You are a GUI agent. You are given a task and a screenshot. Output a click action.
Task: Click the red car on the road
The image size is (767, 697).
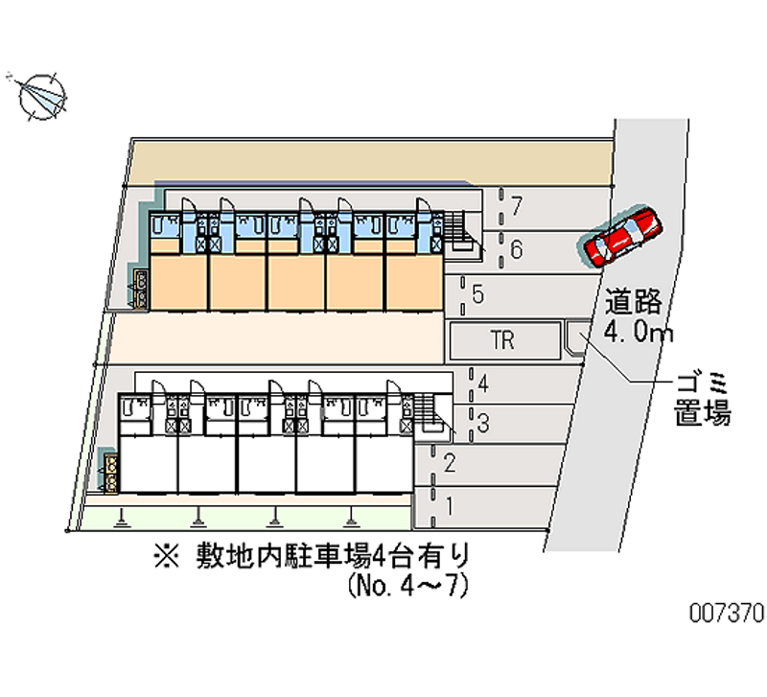point(622,236)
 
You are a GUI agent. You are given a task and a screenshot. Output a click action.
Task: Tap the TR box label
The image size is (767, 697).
point(503,340)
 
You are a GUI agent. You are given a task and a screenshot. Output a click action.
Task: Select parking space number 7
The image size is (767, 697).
point(516,205)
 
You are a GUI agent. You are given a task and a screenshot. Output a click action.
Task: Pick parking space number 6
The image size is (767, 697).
point(515,250)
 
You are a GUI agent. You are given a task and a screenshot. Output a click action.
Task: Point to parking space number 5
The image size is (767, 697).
point(477,293)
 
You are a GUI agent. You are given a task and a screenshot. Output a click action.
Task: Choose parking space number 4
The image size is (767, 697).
point(484,385)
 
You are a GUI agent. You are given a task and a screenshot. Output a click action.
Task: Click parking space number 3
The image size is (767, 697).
point(485,422)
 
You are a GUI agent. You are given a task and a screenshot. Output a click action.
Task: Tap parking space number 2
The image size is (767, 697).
point(449,464)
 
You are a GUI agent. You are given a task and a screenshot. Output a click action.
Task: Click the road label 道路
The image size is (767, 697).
point(634,303)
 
